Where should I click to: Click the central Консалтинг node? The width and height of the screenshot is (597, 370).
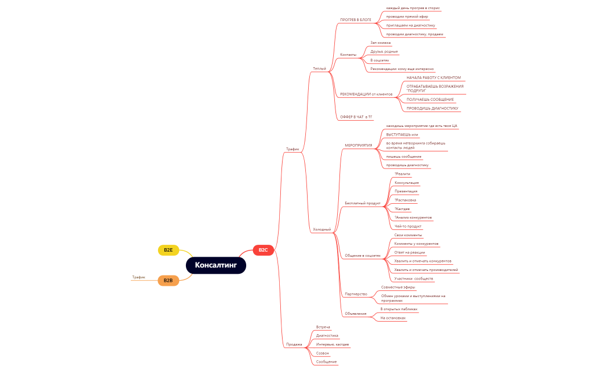click(215, 265)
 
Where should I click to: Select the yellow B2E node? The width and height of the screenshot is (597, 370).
click(168, 250)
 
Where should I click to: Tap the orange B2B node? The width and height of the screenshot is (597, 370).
click(168, 280)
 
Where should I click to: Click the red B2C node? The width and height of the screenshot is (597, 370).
click(263, 250)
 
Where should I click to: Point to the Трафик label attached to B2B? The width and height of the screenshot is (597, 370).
click(139, 277)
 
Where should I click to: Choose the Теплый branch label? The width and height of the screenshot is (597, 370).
click(320, 68)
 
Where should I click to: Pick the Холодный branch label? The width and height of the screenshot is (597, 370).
click(322, 229)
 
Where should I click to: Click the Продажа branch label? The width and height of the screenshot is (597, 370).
click(294, 344)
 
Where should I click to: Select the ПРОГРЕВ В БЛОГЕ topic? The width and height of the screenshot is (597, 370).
click(355, 20)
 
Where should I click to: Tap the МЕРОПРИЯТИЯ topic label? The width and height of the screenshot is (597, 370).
click(358, 145)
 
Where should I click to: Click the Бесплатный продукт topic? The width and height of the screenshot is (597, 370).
click(362, 203)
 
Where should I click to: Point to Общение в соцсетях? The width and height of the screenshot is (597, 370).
click(362, 256)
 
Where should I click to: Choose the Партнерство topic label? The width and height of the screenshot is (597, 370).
click(356, 294)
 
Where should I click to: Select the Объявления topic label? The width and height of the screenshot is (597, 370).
click(355, 314)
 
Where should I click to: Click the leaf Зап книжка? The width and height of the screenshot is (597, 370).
click(380, 43)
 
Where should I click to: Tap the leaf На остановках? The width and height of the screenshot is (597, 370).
click(393, 318)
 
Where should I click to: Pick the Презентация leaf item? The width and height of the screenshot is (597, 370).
click(406, 191)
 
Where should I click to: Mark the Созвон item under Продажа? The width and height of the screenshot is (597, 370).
click(322, 353)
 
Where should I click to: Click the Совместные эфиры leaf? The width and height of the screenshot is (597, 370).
click(398, 287)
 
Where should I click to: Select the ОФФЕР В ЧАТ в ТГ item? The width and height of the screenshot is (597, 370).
click(356, 116)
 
